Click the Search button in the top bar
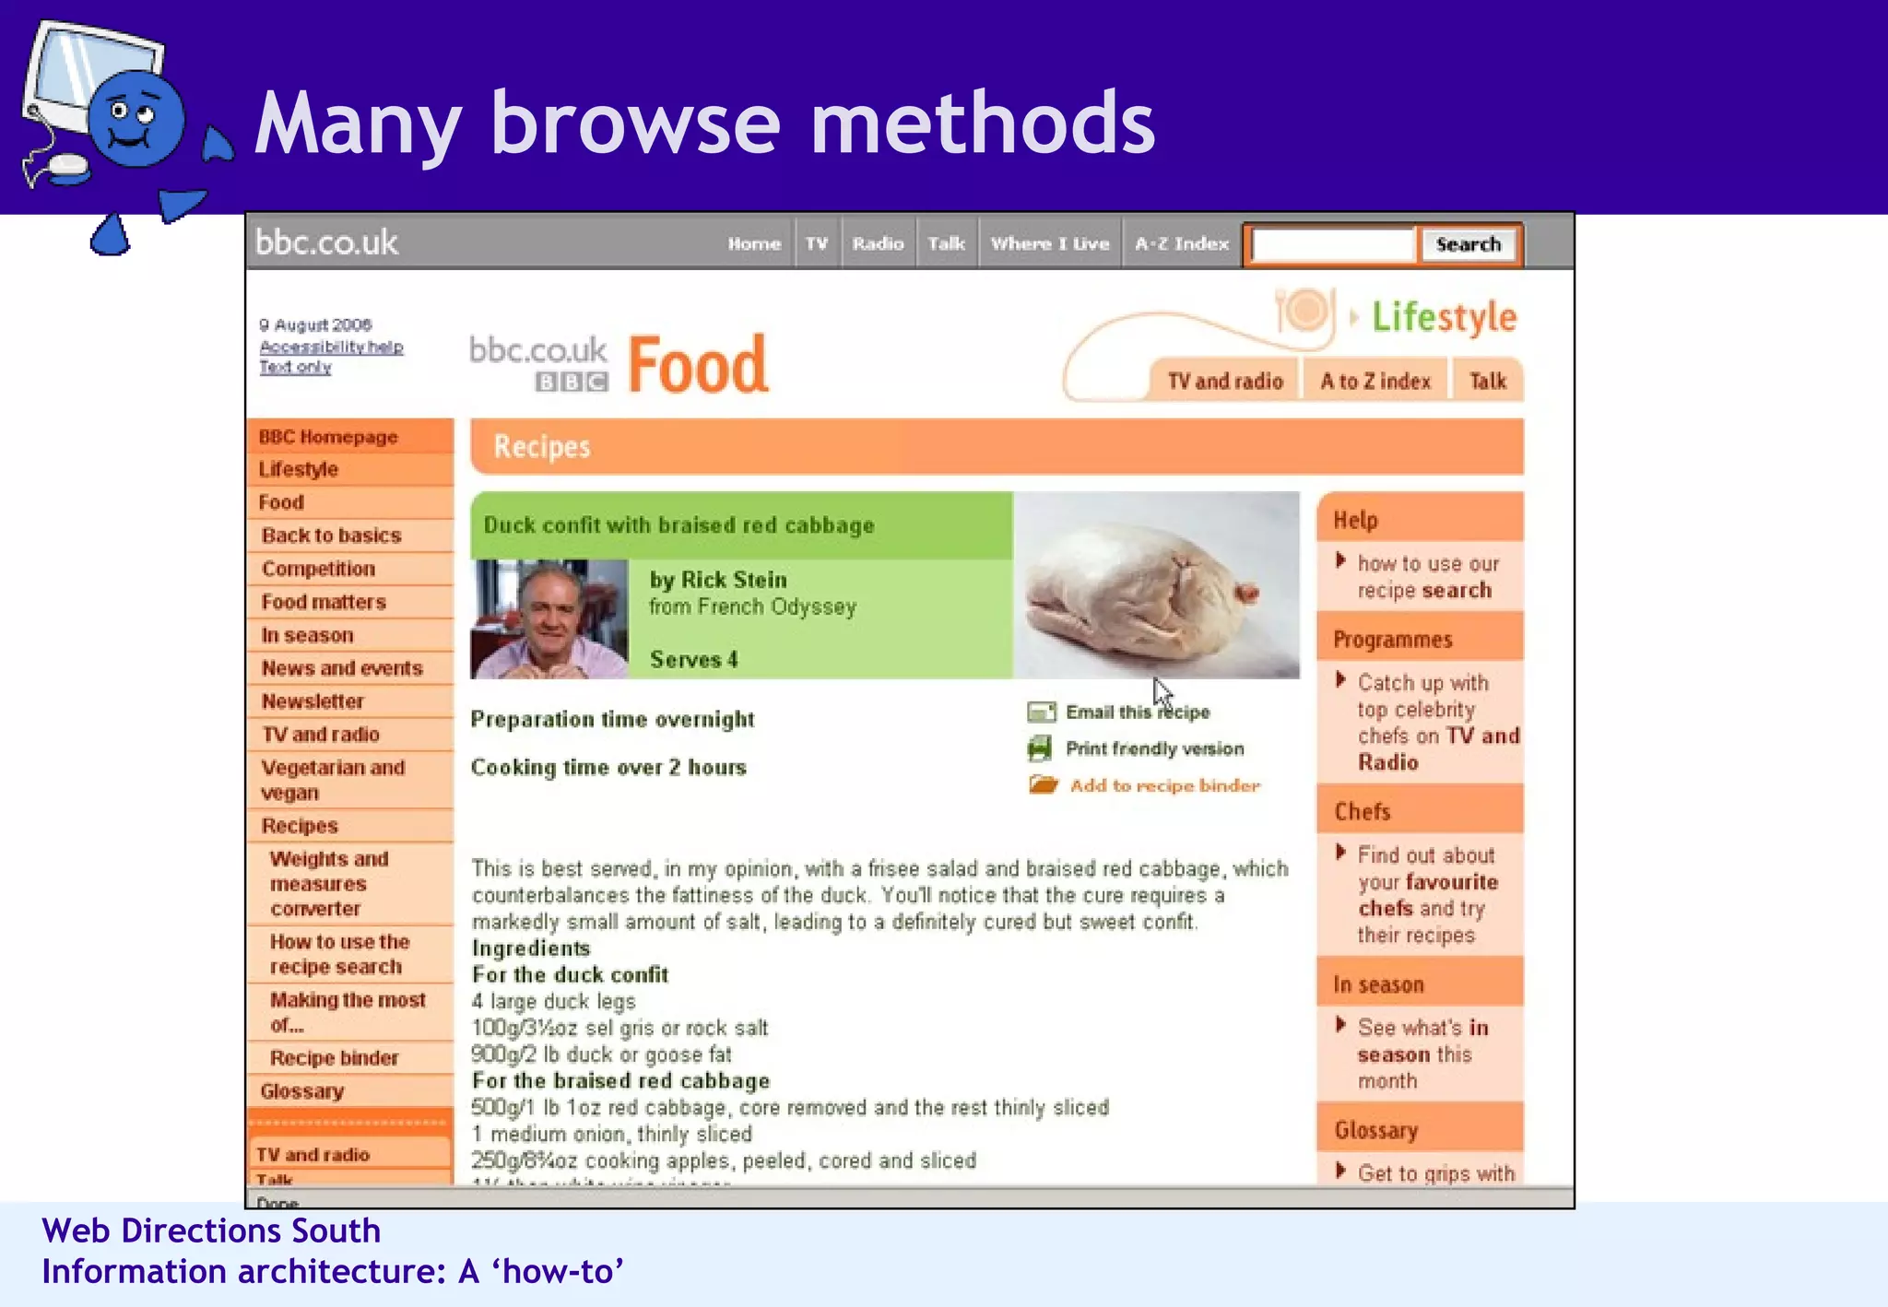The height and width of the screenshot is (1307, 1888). (1468, 244)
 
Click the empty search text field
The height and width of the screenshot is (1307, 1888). (1333, 245)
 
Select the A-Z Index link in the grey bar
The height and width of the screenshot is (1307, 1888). (1181, 243)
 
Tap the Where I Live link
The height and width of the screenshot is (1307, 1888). (1049, 243)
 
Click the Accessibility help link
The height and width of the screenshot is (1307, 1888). (331, 347)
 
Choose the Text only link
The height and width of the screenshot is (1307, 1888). (295, 367)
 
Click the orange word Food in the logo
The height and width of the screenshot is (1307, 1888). (698, 365)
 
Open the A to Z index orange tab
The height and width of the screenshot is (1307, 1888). (1375, 381)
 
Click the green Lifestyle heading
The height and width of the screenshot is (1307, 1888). (1444, 317)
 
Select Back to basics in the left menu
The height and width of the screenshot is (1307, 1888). (331, 536)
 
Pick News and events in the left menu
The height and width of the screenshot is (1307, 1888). (341, 668)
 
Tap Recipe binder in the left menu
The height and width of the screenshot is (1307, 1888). (334, 1058)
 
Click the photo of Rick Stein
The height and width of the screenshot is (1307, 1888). (549, 619)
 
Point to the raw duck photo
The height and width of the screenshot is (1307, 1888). (1156, 585)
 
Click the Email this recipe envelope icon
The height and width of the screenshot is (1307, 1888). (1042, 712)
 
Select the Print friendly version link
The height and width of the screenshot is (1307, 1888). (1154, 748)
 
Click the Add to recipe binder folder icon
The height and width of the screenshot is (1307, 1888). (1044, 785)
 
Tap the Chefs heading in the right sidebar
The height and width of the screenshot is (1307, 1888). (1362, 811)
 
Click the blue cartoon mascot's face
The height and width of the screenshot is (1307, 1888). (135, 120)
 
